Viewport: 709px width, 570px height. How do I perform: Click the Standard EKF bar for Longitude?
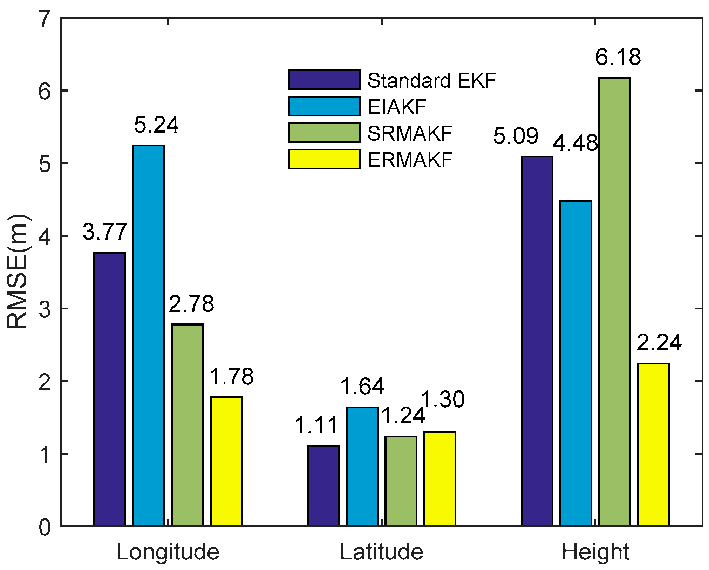(x=109, y=389)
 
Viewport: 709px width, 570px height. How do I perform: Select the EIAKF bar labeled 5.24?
(x=148, y=336)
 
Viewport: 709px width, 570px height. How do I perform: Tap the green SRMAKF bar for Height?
(x=614, y=302)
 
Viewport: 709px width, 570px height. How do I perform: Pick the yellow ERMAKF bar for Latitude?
(x=439, y=479)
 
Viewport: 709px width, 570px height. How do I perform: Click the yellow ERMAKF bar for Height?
(x=654, y=445)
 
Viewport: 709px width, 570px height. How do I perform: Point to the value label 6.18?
(x=618, y=57)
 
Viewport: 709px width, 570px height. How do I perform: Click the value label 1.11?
(x=316, y=425)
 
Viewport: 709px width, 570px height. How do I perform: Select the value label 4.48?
(x=575, y=143)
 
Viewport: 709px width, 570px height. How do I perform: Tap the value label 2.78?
(x=191, y=304)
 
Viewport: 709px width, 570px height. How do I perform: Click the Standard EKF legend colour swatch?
(x=325, y=80)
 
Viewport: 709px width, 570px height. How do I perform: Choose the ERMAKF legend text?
(x=410, y=160)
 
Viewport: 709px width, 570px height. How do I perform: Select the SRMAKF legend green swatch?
(x=325, y=133)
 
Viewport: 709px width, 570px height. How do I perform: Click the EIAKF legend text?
(x=397, y=107)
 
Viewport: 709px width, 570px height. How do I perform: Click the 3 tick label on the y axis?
(x=45, y=309)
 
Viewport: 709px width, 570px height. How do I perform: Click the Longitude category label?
(x=168, y=552)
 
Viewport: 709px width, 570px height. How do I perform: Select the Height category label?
(x=595, y=552)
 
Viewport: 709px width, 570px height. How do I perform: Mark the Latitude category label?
(x=382, y=552)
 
